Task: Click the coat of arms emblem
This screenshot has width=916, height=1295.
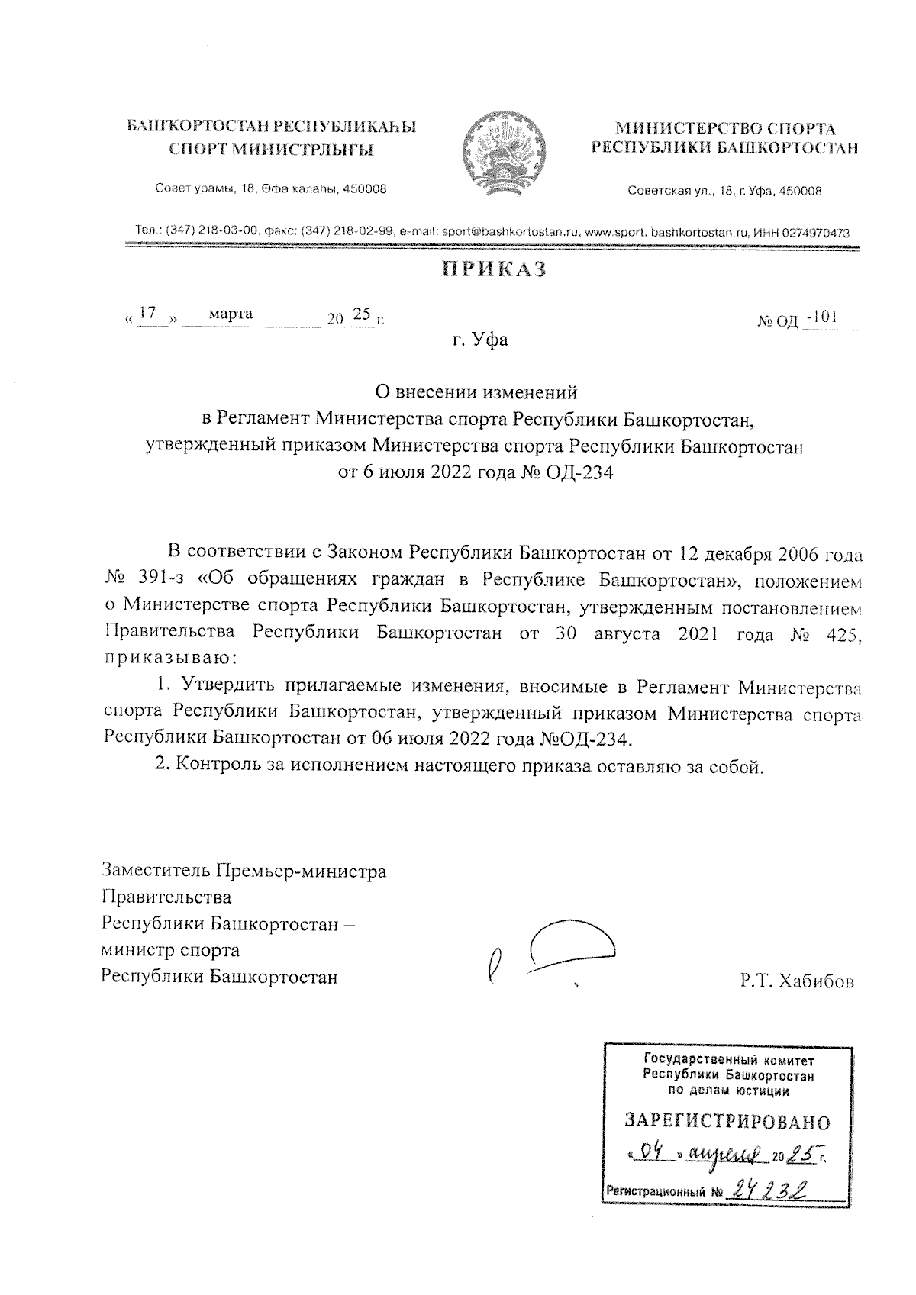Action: click(505, 150)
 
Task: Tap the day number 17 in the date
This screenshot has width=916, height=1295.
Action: click(149, 313)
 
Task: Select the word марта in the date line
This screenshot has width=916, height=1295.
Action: click(231, 314)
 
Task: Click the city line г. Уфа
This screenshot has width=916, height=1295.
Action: click(479, 340)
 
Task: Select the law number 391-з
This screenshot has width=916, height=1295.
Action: click(156, 580)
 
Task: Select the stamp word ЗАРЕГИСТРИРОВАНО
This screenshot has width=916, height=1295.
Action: click(727, 1122)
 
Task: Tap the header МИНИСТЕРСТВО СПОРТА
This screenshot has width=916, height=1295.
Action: click(724, 129)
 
